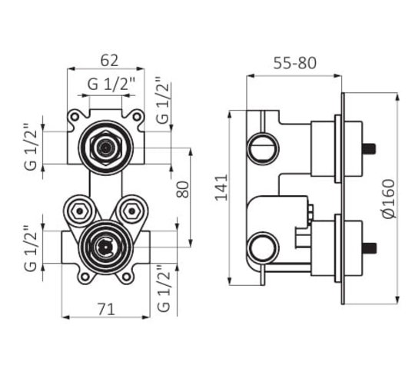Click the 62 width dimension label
coord(109,61)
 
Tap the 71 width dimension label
coord(106,309)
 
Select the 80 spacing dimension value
coord(183,190)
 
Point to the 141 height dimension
coord(221,188)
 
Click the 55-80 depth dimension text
coord(294,63)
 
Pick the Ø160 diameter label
coord(389,199)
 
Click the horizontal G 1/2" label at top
coord(111,85)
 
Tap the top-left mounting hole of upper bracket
coord(75,117)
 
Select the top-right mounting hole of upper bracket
coord(137,117)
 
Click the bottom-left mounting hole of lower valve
coord(85,277)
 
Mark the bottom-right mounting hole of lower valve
coord(127,277)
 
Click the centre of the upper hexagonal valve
coord(105,148)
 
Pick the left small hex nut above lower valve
coord(79,211)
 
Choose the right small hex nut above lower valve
coord(132,211)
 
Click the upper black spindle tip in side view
coord(369,148)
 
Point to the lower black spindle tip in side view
coord(369,248)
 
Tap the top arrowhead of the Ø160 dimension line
coord(397,97)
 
